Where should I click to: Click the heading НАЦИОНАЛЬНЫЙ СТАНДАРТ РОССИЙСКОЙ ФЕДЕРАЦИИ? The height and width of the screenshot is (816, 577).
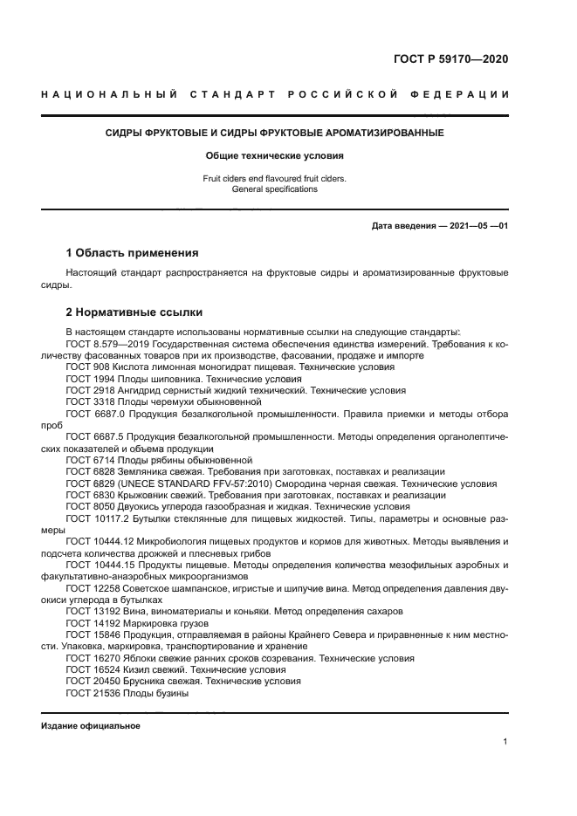pyautogui.click(x=275, y=94)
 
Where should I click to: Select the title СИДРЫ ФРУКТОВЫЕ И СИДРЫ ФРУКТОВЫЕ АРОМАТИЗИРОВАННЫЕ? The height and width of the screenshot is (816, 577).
pyautogui.click(x=275, y=134)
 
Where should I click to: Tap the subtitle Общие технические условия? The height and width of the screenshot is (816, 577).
pyautogui.click(x=275, y=156)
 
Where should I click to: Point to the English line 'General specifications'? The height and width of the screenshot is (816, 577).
pyautogui.click(x=275, y=189)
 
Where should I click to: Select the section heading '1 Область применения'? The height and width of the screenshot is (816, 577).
pyautogui.click(x=132, y=253)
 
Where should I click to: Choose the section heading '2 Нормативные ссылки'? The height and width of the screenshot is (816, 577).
pyautogui.click(x=134, y=312)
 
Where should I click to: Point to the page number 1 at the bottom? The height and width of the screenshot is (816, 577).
pyautogui.click(x=505, y=742)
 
